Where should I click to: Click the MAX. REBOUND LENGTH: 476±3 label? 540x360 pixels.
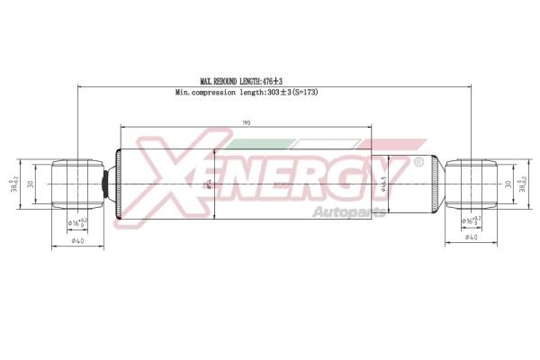(x=247, y=81)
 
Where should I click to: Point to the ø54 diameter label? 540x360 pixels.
(x=211, y=184)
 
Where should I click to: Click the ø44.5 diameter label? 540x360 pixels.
(x=383, y=184)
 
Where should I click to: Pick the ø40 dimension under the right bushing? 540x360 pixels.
(x=470, y=238)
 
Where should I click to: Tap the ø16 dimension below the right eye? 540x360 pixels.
(x=469, y=219)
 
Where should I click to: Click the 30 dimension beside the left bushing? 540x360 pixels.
(x=30, y=184)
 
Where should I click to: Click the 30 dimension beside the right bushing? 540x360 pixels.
(x=508, y=184)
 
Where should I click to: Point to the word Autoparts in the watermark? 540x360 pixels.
(x=347, y=212)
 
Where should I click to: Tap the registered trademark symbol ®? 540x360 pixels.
(x=417, y=163)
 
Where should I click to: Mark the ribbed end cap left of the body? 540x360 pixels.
(x=111, y=184)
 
